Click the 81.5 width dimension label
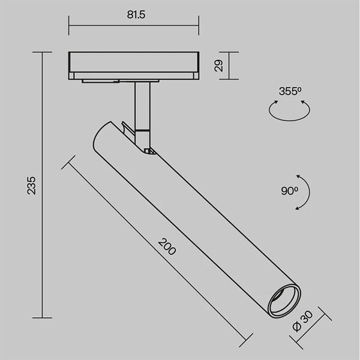[x=136, y=14]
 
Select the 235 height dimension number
[x=31, y=185]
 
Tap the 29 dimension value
[x=218, y=65]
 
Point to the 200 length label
[x=167, y=247]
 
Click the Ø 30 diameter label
[x=303, y=321]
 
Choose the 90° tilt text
[x=290, y=191]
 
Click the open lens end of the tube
[x=284, y=301]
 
